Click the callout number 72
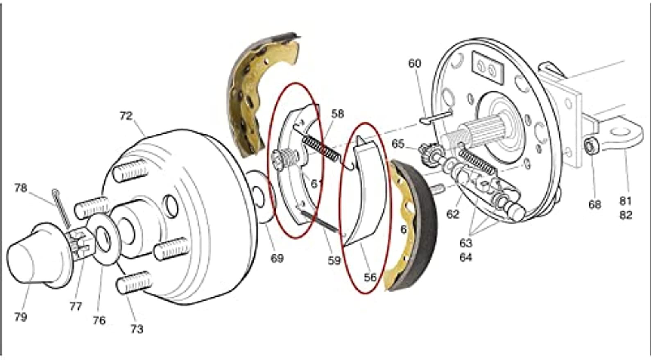click(x=126, y=116)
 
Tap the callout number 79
click(x=20, y=317)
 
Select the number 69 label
click(x=277, y=258)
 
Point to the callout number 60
click(x=414, y=63)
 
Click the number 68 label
click(x=594, y=204)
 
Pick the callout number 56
click(x=370, y=277)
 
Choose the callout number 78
click(x=20, y=188)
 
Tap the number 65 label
click(x=398, y=144)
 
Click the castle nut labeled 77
click(x=81, y=245)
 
